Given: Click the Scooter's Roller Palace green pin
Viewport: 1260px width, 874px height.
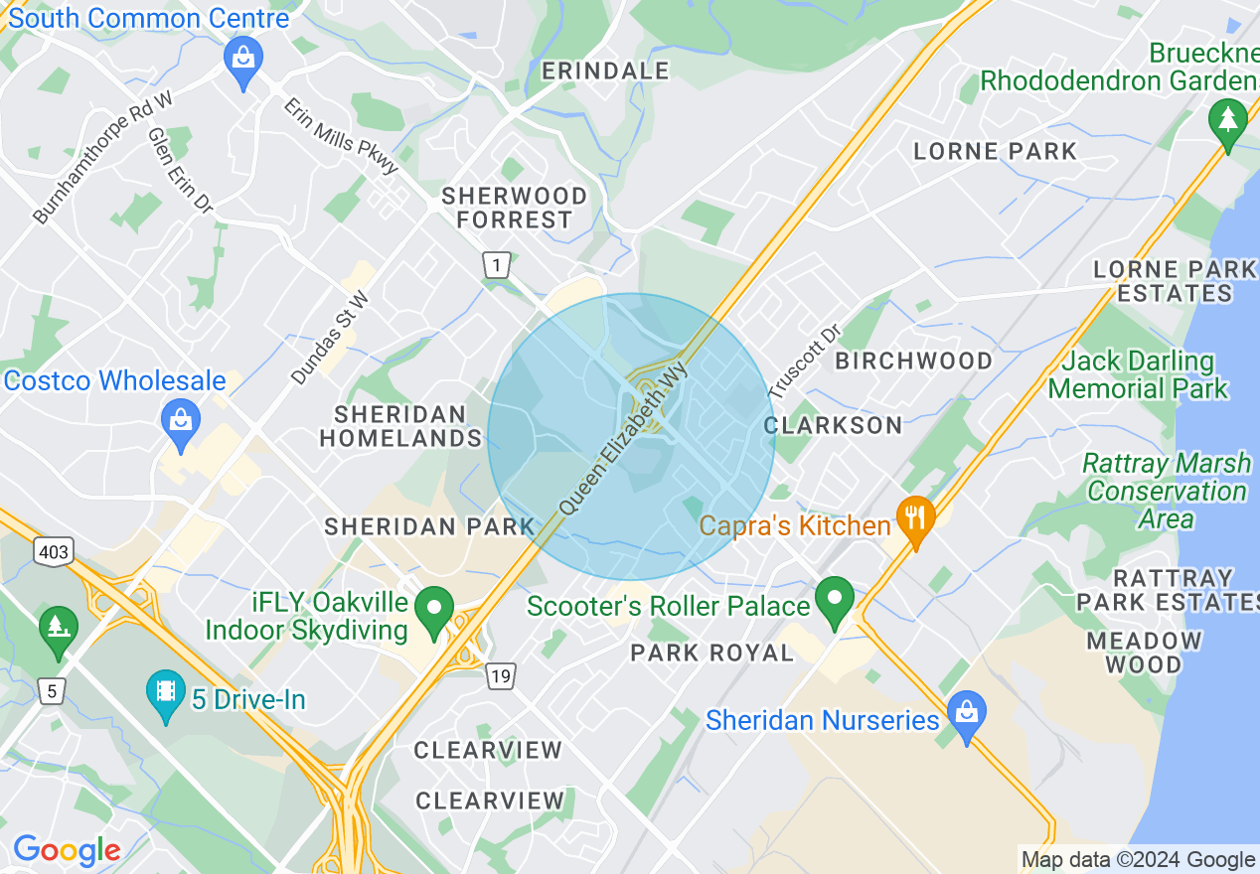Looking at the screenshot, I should (834, 598).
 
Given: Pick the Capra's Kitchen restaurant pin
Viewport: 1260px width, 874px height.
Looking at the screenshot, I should (914, 518).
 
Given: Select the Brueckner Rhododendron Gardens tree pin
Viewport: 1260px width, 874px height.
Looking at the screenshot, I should (1228, 122).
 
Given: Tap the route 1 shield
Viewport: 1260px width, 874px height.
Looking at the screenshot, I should (496, 265).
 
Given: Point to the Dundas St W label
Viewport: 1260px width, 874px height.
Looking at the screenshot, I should (330, 338).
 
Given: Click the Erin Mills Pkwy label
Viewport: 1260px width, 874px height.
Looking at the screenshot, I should (341, 136).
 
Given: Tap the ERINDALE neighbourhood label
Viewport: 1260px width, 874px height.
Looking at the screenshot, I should (606, 71).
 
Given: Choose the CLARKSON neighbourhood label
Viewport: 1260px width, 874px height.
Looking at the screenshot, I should (833, 425).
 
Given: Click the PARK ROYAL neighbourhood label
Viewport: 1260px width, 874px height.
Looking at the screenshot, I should (712, 653).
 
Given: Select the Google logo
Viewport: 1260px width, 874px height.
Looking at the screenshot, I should (67, 850).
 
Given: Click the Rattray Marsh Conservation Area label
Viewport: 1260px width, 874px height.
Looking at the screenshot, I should (1167, 491).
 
